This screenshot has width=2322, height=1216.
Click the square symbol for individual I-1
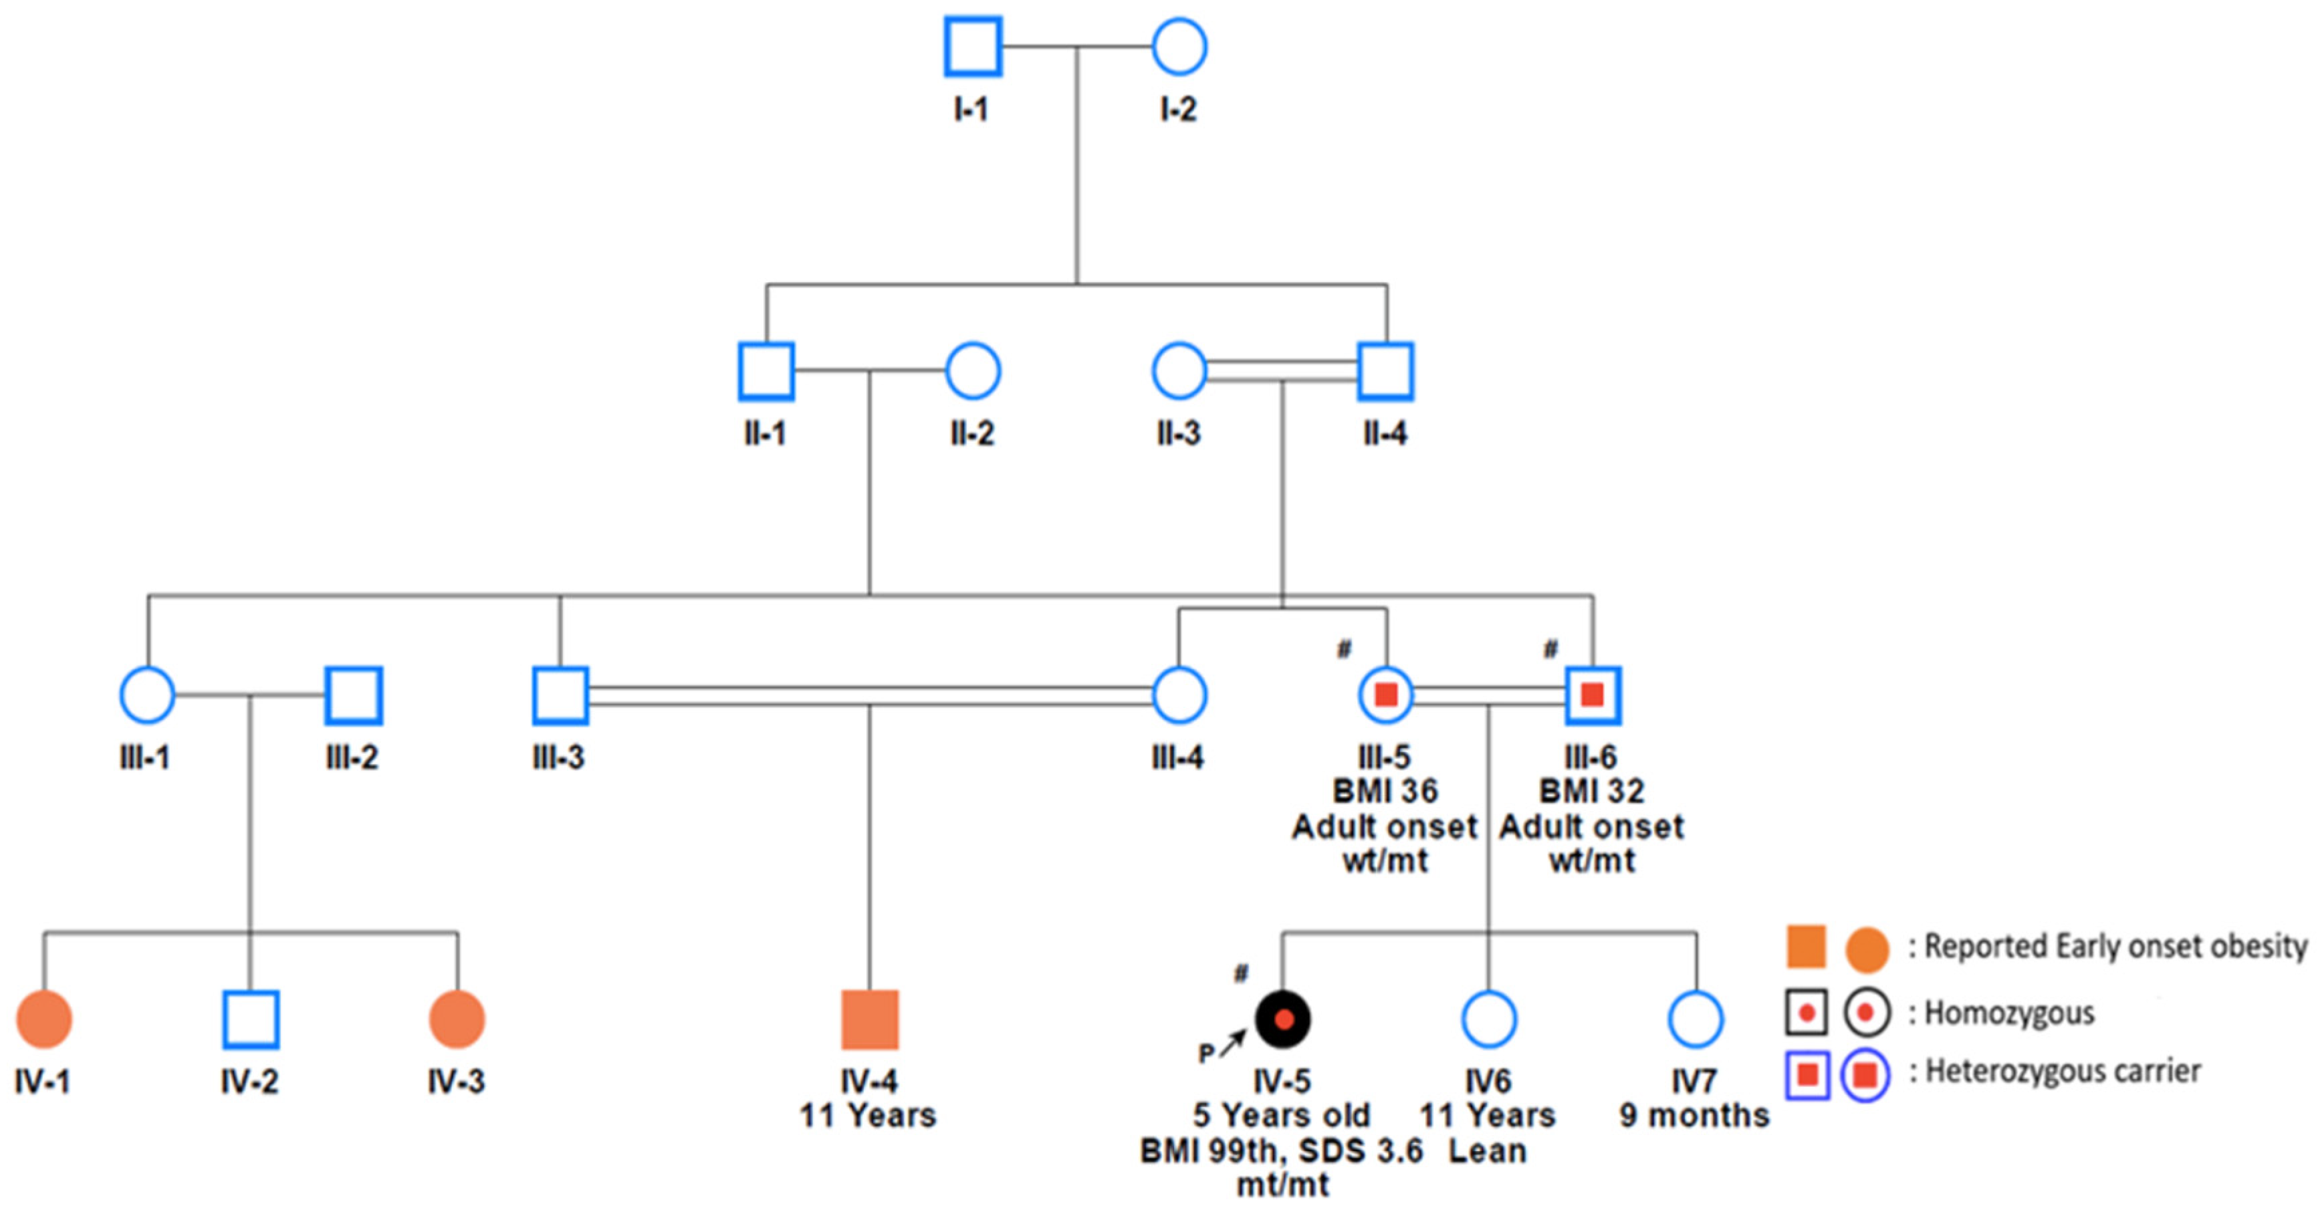pyautogui.click(x=973, y=46)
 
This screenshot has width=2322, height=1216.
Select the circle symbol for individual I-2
pyautogui.click(x=1179, y=46)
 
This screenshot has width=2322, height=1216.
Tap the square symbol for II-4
pyautogui.click(x=1385, y=370)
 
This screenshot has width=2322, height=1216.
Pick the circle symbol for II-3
pyautogui.click(x=1179, y=370)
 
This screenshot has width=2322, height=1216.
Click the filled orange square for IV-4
pyautogui.click(x=870, y=1019)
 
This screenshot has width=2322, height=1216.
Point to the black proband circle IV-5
pyautogui.click(x=1283, y=1019)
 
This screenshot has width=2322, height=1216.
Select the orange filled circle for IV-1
pyautogui.click(x=43, y=1019)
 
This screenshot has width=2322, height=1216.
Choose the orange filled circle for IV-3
pyautogui.click(x=457, y=1019)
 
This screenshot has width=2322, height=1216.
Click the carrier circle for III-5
pyautogui.click(x=1385, y=695)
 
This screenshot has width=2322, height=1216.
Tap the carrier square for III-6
pyautogui.click(x=1593, y=695)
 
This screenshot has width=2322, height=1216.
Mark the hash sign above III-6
pyautogui.click(x=1550, y=648)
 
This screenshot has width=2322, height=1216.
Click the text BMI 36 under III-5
pyautogui.click(x=1385, y=792)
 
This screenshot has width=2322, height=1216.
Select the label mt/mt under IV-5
pyautogui.click(x=1283, y=1185)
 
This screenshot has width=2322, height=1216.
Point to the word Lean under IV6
pyautogui.click(x=1488, y=1151)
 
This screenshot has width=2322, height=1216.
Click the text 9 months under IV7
pyautogui.click(x=1695, y=1116)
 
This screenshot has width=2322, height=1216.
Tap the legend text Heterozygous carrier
pyautogui.click(x=2063, y=1072)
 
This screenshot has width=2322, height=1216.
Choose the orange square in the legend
pyautogui.click(x=1807, y=947)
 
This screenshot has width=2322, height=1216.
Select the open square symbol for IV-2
pyautogui.click(x=251, y=1019)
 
